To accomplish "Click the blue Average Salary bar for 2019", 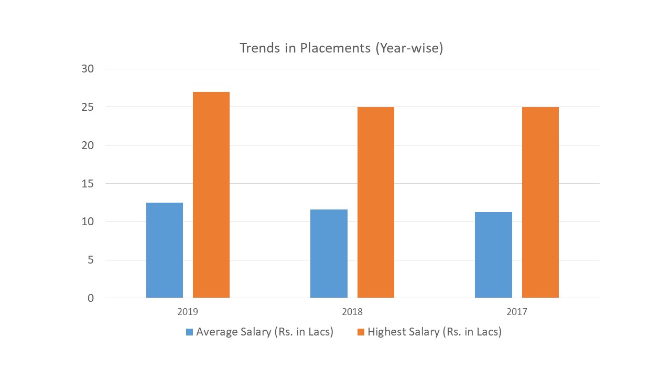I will [x=165, y=250].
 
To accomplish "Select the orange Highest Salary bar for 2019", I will [x=211, y=195].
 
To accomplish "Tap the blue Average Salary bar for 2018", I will [x=329, y=254].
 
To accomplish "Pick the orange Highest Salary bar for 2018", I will [x=375, y=202].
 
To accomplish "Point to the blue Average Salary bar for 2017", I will [x=493, y=255].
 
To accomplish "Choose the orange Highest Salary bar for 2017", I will [x=540, y=202].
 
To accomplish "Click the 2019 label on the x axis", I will [x=188, y=312].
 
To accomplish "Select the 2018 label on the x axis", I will [x=352, y=312].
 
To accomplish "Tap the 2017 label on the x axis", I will [x=517, y=312].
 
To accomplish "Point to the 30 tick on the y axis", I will [x=88, y=69].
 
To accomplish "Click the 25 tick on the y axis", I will [x=88, y=107].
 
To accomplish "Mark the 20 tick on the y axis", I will [x=88, y=145].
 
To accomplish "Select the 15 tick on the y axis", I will [x=88, y=184].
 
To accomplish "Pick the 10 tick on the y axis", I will [x=88, y=222].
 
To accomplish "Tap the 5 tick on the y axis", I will [x=91, y=260].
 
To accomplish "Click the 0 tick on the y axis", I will [x=91, y=298].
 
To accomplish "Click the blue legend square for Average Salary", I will [x=189, y=332].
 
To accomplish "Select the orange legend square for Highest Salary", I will [x=361, y=332].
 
